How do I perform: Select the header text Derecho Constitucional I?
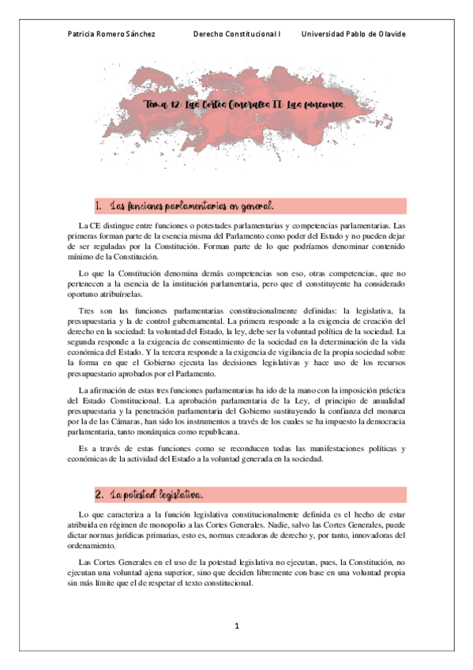(x=237, y=34)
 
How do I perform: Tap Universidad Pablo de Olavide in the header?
(x=354, y=34)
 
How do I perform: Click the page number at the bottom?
(x=237, y=626)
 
